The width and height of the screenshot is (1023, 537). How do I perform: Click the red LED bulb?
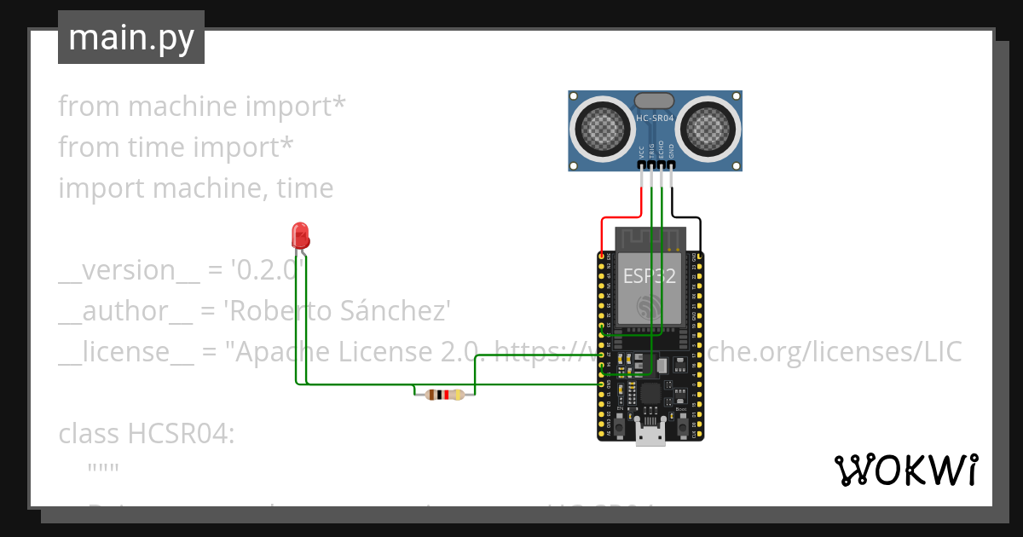coord(299,234)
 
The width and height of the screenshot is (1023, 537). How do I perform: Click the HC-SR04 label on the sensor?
coord(656,118)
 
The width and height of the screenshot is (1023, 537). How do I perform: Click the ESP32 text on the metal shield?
coord(650,275)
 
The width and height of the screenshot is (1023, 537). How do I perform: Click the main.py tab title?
coord(131,38)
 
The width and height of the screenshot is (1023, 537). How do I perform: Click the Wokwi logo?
coord(905,470)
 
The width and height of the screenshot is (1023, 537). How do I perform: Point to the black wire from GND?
coord(687,217)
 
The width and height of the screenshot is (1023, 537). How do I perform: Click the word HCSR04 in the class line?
coord(180,434)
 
